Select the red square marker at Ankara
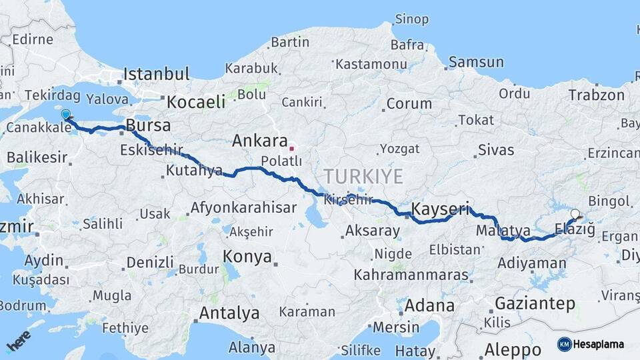point(291,142)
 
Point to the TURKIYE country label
point(363,177)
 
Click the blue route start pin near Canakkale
point(65,115)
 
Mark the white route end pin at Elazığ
point(575,215)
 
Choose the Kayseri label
point(440,209)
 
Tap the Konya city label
point(247,257)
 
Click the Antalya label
point(229,313)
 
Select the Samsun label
point(476,62)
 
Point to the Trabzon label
point(596,95)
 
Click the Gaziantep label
point(535,304)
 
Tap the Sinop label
point(411,19)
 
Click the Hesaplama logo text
point(599,344)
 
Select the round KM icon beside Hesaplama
point(564,344)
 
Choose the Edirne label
point(32,39)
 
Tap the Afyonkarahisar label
point(243,207)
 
